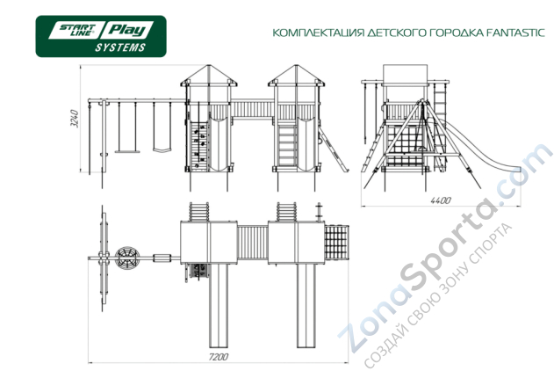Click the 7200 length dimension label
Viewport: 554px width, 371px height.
click(219, 357)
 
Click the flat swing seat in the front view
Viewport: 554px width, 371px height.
click(125, 150)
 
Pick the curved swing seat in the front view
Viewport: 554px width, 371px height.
click(162, 149)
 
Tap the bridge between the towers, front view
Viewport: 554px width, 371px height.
click(252, 110)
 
